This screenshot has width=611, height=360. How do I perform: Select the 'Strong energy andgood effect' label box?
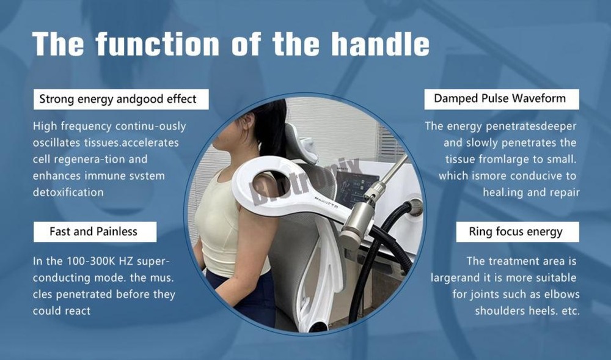click(118, 99)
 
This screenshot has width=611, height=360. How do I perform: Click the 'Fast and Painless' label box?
click(93, 232)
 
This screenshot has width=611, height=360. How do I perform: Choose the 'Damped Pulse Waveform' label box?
click(500, 98)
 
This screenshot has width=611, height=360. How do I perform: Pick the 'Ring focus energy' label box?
click(516, 232)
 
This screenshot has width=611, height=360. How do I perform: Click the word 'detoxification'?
click(68, 192)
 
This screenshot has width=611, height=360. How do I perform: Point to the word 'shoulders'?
click(500, 310)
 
